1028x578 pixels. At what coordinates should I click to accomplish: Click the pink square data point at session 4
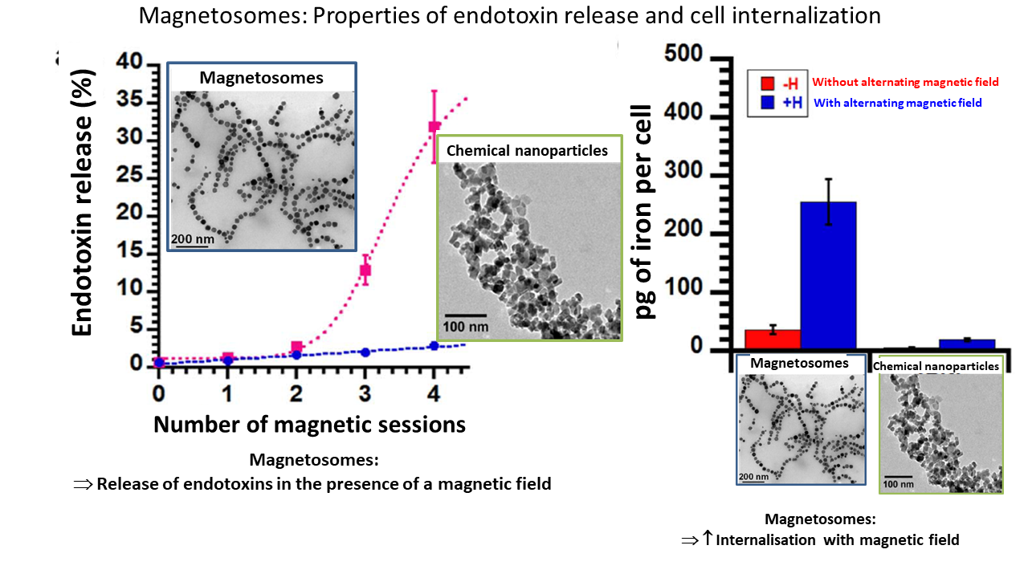434,126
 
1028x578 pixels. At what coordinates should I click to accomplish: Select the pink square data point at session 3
365,270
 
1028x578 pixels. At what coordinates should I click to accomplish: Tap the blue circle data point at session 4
434,346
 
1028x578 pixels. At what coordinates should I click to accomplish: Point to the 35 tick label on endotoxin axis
129,99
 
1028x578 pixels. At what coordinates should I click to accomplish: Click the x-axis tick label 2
296,393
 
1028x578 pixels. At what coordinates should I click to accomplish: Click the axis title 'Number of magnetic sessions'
309,425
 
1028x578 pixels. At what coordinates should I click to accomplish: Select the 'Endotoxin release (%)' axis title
83,203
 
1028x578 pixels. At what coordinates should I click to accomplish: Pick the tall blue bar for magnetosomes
828,275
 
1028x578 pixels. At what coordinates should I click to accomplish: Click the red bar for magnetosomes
773,340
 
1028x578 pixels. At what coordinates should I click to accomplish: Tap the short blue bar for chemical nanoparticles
967,344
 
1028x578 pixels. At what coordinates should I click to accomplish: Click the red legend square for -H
767,83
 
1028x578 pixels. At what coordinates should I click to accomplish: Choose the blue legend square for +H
767,102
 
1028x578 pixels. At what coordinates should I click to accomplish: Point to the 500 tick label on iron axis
683,53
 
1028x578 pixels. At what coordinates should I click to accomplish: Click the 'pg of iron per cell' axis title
643,211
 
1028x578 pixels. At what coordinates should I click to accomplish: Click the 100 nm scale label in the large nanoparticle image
465,327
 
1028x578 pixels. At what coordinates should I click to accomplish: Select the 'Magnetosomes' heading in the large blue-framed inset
261,78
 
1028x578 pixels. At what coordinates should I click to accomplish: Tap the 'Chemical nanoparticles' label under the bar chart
936,366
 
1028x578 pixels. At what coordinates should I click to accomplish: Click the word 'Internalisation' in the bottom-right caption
765,540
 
